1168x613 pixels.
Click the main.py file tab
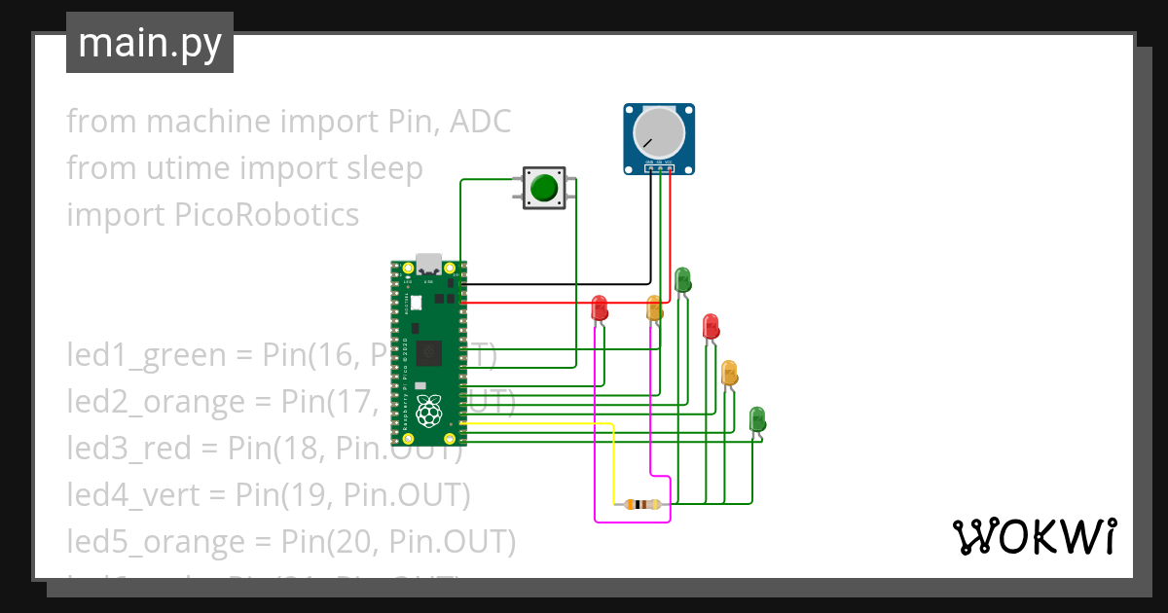point(149,43)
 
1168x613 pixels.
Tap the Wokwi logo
point(1033,537)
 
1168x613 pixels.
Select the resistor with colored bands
point(641,504)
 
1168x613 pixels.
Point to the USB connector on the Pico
point(429,264)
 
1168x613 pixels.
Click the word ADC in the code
point(478,122)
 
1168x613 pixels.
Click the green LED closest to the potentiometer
point(682,279)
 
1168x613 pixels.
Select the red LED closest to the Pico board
point(600,307)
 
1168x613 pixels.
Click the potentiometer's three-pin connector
point(659,167)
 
